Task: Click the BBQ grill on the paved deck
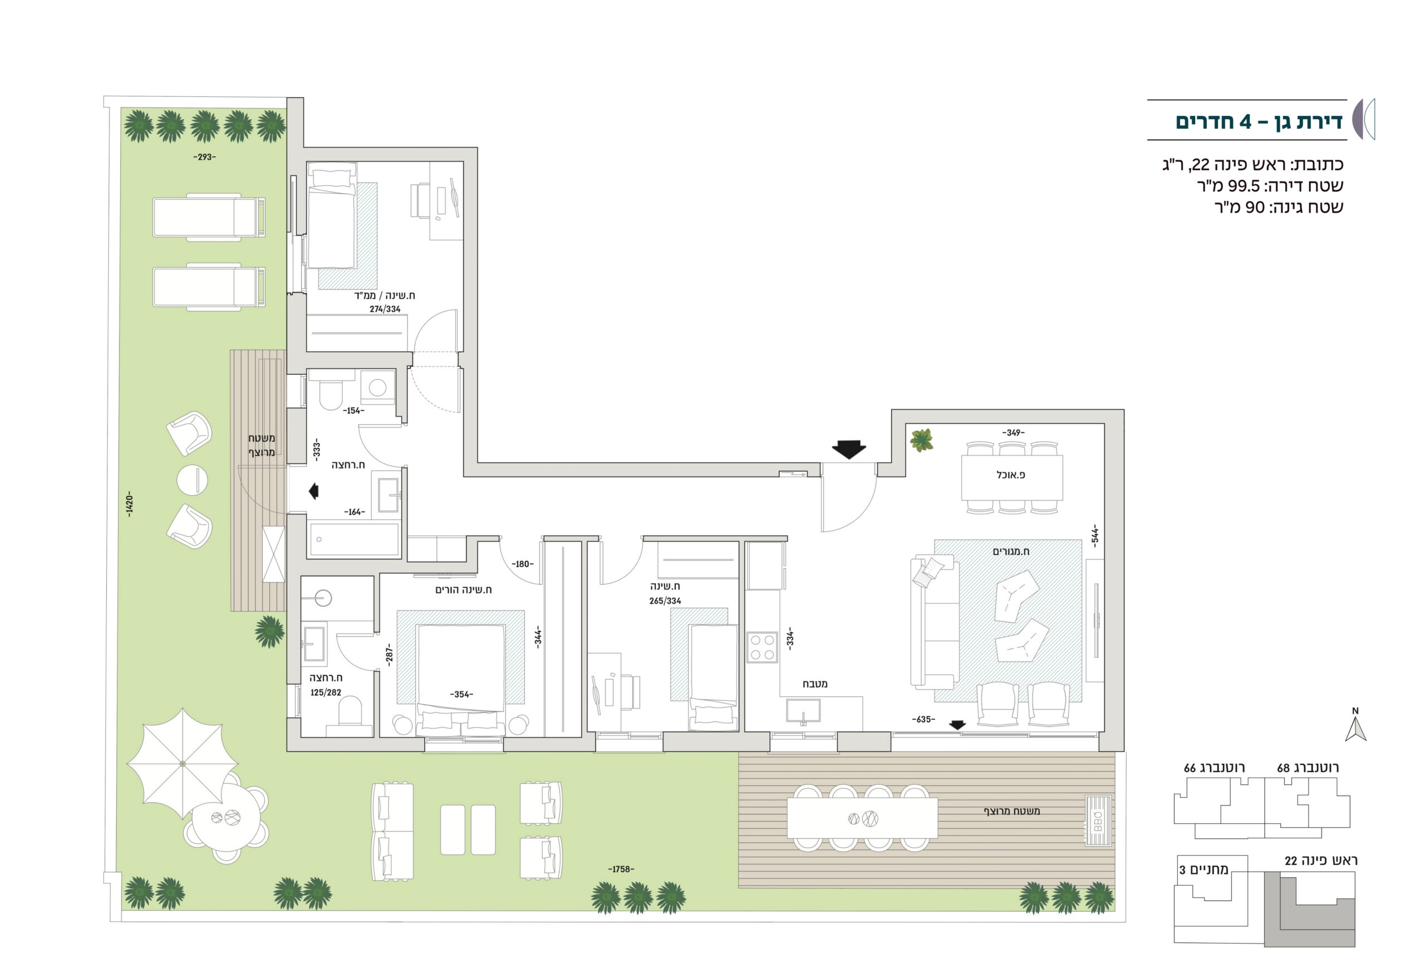point(1098,821)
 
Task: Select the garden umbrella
point(182,763)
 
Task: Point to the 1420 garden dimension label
point(129,505)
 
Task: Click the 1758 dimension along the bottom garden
point(621,869)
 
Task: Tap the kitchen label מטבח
point(815,684)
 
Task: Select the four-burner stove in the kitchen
point(762,647)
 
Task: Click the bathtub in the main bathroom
point(355,539)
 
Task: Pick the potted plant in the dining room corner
point(921,440)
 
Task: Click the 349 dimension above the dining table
point(1013,433)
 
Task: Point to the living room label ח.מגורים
point(1011,551)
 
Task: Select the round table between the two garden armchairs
point(192,479)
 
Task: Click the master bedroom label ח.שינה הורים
point(464,590)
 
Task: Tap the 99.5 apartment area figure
point(1245,186)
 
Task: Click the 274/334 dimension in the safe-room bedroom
point(385,309)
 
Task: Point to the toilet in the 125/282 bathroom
point(350,719)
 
